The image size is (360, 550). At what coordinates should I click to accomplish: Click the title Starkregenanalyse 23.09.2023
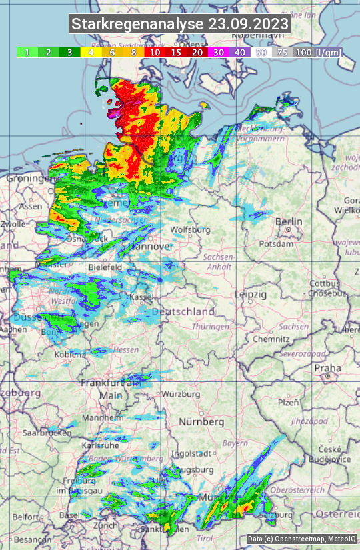(180, 25)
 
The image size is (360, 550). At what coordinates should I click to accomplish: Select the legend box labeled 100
(303, 52)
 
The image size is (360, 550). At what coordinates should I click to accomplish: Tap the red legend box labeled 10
(155, 52)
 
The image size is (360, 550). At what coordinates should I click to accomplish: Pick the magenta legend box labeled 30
(218, 52)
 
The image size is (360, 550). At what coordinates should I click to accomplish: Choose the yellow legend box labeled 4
(91, 52)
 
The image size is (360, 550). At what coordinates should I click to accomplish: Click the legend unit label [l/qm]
(327, 52)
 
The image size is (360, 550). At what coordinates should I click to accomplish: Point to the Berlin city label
(289, 221)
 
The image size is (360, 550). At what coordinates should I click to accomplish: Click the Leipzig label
(251, 294)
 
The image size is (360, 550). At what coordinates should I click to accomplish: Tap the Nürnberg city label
(201, 422)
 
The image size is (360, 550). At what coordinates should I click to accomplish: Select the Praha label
(327, 367)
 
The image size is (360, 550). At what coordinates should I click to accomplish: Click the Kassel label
(143, 297)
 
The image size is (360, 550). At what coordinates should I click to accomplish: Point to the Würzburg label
(181, 394)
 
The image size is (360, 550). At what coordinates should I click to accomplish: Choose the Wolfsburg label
(191, 229)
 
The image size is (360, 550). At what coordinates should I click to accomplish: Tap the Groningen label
(29, 179)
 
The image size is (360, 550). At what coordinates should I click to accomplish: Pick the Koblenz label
(69, 355)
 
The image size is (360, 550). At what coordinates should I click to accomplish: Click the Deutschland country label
(183, 311)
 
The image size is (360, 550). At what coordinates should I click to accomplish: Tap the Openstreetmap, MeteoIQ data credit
(301, 539)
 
